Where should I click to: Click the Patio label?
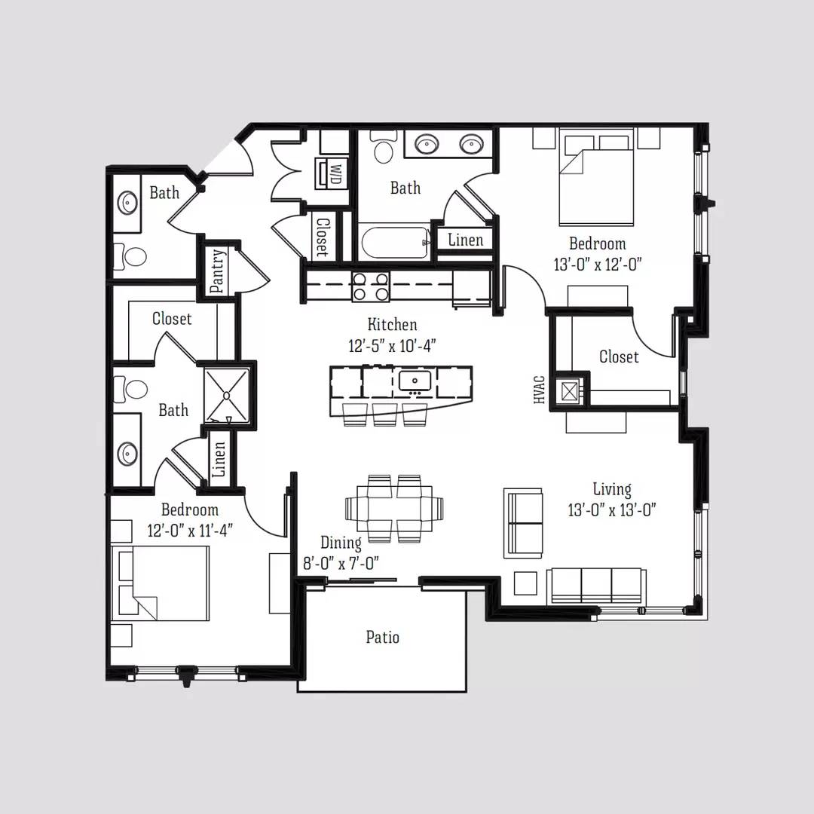pos(383,637)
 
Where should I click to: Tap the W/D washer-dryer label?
pos(335,173)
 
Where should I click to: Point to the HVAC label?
pos(539,390)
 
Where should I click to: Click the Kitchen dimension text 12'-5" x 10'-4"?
pos(392,345)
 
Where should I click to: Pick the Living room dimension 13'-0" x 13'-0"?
pos(612,510)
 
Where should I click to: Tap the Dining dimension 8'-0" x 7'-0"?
pos(341,563)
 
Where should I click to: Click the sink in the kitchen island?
pos(415,381)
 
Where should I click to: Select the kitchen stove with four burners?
pos(371,286)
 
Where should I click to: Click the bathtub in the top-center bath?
pos(395,243)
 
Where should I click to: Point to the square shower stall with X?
pos(227,396)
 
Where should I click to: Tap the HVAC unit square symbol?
pos(570,390)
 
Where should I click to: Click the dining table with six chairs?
pos(394,508)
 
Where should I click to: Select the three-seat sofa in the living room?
pos(596,586)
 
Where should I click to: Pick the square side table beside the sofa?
pos(525,583)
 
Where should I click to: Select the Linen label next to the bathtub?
pos(466,240)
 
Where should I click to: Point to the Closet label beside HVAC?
pos(619,357)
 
